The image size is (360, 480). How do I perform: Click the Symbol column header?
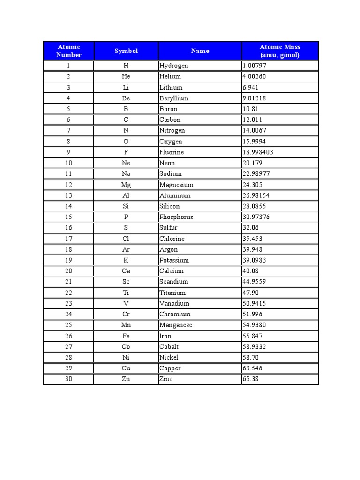coord(126,51)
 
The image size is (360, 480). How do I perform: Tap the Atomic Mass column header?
coord(280,51)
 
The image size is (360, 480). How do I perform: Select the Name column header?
coord(200,51)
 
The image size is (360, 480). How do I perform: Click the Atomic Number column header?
coord(69,51)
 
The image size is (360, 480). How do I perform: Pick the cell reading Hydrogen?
coord(173,66)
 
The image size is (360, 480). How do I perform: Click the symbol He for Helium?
coord(126,77)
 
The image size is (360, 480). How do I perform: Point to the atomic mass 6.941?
coord(251,88)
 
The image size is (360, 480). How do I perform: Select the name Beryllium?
coord(174,98)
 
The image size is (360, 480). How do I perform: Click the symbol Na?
coord(126,174)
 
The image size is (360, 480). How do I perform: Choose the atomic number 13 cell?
coord(69,195)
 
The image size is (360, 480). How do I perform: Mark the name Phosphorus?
coord(176,217)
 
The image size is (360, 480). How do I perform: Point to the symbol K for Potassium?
coord(126,261)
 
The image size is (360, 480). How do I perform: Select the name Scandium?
coord(174,282)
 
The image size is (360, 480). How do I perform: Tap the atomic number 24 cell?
coord(69,315)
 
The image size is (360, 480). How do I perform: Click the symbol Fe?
coord(126,336)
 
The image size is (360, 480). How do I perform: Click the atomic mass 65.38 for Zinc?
coord(251,379)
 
